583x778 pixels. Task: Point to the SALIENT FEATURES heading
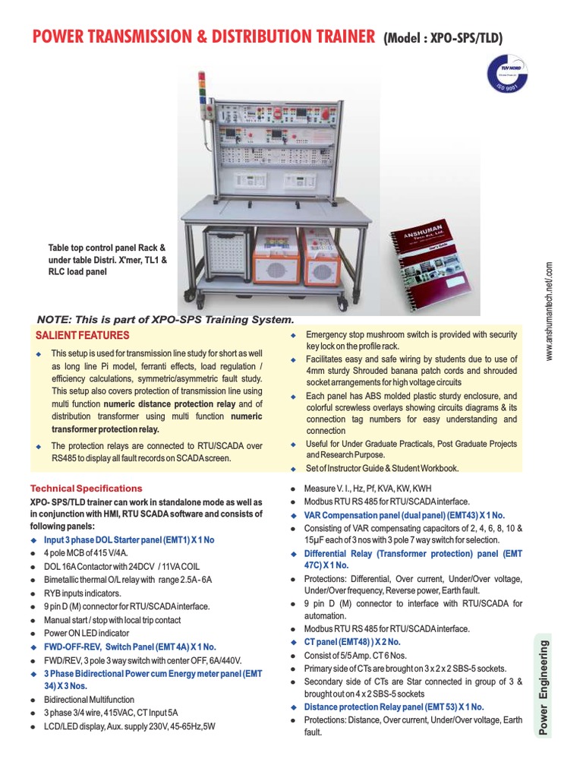pos(83,335)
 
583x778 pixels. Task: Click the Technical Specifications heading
pos(86,489)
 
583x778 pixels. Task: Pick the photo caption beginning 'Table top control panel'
pos(106,259)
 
